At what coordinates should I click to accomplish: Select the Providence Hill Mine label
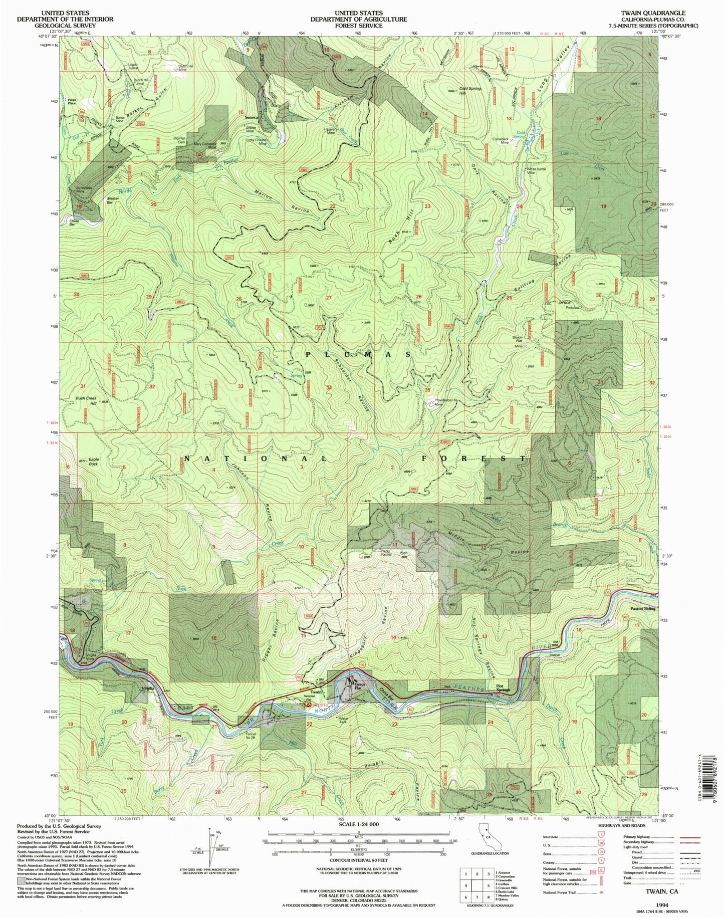(445, 402)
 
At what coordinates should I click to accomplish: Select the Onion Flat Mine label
(518, 341)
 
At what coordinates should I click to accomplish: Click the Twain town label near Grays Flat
(315, 693)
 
